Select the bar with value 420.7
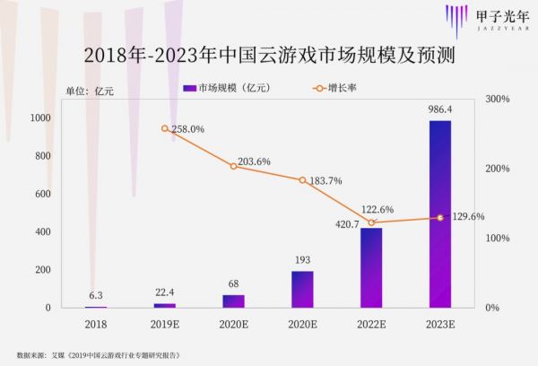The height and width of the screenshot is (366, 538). click(x=370, y=267)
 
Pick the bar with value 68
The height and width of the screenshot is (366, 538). click(x=233, y=301)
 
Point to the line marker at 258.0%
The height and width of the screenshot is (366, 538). click(x=165, y=128)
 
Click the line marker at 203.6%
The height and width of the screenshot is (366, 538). click(x=233, y=166)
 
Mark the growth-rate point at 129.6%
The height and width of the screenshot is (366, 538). click(x=439, y=218)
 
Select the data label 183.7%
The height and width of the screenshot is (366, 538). click(x=325, y=180)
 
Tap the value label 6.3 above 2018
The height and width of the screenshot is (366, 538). click(x=96, y=294)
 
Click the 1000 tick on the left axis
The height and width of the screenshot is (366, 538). click(x=40, y=118)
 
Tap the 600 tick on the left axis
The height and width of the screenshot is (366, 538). click(x=43, y=194)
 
